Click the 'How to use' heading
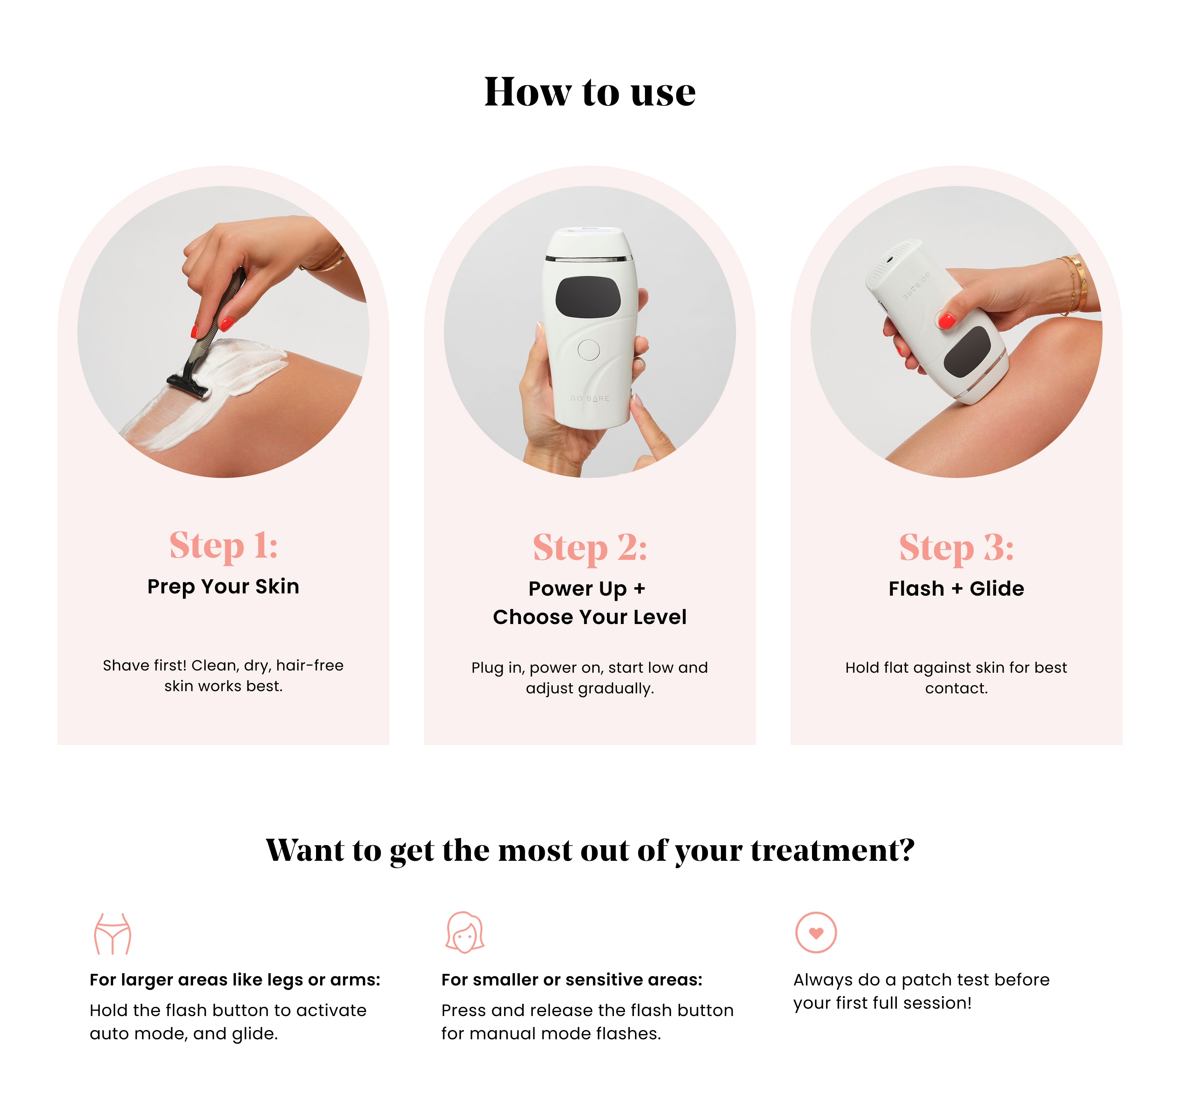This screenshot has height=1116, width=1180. tap(589, 92)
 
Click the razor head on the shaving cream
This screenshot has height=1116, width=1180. tap(188, 385)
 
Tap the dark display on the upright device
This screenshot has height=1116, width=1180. tap(588, 296)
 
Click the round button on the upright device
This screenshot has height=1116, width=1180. tap(589, 350)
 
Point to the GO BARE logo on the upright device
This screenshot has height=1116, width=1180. tap(590, 399)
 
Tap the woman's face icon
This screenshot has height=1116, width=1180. tap(465, 932)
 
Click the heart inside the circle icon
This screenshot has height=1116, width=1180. tap(816, 933)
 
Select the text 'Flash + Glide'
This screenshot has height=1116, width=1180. tap(957, 588)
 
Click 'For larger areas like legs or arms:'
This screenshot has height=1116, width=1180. tap(235, 980)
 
